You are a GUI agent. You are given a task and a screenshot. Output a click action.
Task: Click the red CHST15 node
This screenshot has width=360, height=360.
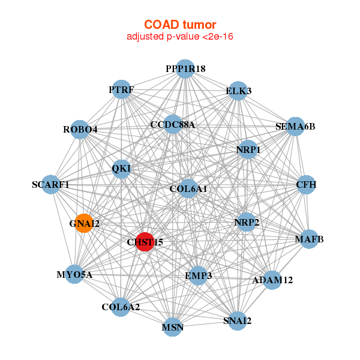[145, 242]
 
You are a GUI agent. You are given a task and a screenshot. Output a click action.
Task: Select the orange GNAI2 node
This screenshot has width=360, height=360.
[84, 223]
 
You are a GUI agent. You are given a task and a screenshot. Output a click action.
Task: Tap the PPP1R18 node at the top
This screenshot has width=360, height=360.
[185, 69]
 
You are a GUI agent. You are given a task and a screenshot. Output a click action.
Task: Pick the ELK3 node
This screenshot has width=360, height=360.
[239, 91]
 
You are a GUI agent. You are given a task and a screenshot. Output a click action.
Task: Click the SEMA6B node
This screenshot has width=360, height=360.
[295, 126]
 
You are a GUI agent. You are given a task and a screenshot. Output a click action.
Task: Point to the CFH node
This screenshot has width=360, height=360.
[306, 184]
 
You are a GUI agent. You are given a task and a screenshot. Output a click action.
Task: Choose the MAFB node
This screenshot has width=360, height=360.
[309, 239]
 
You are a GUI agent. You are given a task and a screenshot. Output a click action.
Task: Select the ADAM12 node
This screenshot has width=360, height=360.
[272, 280]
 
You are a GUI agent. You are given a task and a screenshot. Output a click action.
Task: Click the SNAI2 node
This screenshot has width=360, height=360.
[237, 320]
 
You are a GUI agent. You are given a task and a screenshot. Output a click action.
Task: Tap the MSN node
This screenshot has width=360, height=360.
[173, 328]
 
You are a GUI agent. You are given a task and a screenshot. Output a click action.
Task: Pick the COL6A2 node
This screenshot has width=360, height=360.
[121, 307]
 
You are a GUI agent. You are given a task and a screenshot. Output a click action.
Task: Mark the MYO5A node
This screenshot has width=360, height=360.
[74, 275]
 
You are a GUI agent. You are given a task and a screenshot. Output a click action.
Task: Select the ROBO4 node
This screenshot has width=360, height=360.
[80, 129]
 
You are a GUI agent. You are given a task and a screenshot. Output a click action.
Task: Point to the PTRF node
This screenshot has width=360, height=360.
[122, 90]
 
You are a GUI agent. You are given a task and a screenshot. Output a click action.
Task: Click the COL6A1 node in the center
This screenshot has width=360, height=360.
[188, 188]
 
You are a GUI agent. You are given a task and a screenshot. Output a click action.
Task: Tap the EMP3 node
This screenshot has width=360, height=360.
[199, 275]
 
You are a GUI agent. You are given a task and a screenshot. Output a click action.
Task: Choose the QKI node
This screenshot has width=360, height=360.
[121, 169]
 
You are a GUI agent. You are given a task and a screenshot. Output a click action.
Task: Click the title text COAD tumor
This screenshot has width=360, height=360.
[179, 24]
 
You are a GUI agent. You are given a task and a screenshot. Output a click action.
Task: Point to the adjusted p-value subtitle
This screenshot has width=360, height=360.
[179, 37]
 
